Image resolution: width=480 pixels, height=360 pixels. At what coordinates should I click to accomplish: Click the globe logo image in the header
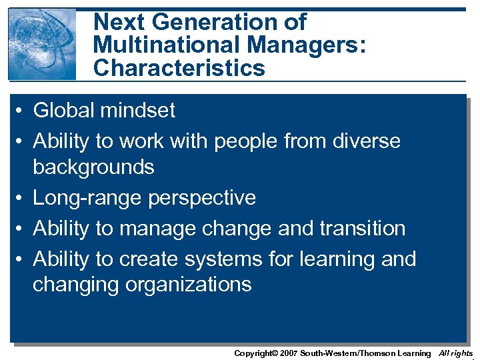[42, 44]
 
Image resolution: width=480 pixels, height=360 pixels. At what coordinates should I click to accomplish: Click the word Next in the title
[120, 22]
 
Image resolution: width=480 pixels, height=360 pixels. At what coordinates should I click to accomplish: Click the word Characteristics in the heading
[179, 68]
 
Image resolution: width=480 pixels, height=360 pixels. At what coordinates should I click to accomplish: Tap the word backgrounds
[93, 167]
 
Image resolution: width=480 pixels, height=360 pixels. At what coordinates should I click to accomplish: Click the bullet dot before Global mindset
[22, 111]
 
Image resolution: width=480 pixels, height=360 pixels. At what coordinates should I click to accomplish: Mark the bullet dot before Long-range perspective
[22, 199]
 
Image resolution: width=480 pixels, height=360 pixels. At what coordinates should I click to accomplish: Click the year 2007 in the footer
[287, 353]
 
